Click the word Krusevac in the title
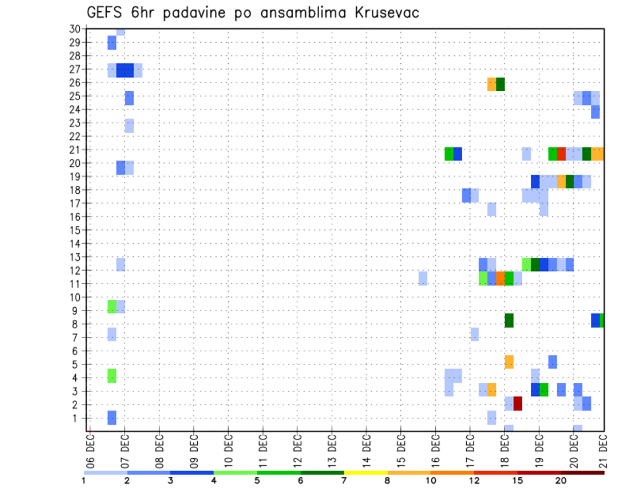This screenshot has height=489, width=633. pos(383,13)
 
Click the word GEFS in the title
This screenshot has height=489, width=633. pos(107,13)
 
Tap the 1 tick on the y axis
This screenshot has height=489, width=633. pos(78,418)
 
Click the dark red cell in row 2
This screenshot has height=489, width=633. pos(518,403)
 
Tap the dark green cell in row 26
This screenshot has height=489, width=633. pos(500,84)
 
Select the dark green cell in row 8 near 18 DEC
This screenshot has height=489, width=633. pos(509,320)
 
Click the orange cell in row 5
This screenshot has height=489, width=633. pos(509,362)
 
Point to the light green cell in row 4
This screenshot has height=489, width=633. pos(112,376)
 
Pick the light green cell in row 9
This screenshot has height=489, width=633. pos(112,306)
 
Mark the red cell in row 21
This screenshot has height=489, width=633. pos(561,154)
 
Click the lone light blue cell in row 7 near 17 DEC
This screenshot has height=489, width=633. pos(475,334)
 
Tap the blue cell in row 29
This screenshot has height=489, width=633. pos(112,43)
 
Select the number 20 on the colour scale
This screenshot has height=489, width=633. pos(560,480)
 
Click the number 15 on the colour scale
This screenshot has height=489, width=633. pos(517,480)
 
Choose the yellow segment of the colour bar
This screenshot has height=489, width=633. pos(365,473)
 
